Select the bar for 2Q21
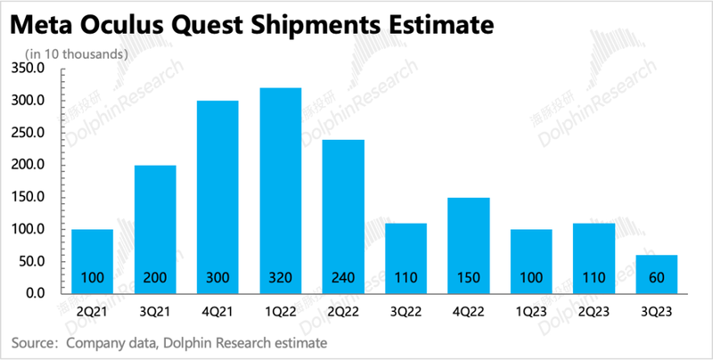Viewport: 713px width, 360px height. point(92,260)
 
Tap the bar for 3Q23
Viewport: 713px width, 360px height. point(656,274)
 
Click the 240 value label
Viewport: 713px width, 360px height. point(342,278)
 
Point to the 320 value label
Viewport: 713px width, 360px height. point(280,278)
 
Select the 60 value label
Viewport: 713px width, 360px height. point(656,278)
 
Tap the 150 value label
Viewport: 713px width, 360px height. point(468,278)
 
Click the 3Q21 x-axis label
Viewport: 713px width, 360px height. point(154,312)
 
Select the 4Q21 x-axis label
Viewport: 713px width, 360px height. point(217,312)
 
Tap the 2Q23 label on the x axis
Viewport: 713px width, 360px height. point(593,312)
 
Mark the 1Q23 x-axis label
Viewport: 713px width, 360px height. point(530,312)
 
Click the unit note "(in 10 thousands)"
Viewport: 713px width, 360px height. point(77,53)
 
